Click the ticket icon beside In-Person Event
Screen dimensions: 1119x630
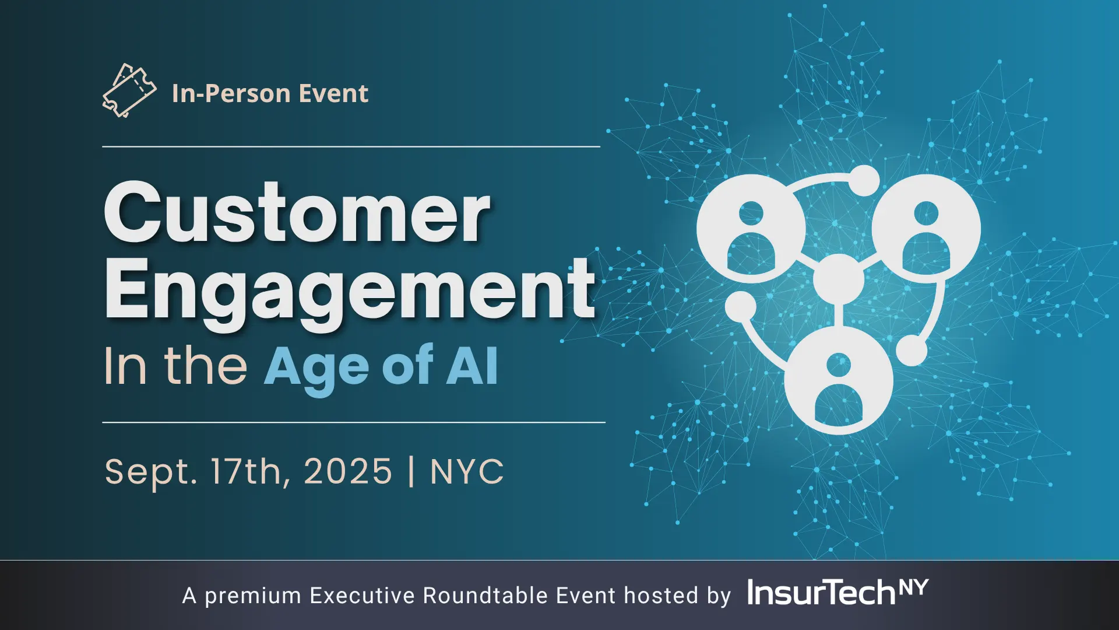point(129,90)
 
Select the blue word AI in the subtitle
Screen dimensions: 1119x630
point(472,366)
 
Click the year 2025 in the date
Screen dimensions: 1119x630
point(348,471)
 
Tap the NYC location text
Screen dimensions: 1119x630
point(467,471)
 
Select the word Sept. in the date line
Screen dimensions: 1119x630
point(151,472)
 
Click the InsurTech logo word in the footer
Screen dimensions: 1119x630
point(821,593)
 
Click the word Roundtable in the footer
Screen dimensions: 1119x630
point(485,596)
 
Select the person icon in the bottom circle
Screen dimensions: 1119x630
point(839,388)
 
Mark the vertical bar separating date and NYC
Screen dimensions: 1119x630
point(411,471)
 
